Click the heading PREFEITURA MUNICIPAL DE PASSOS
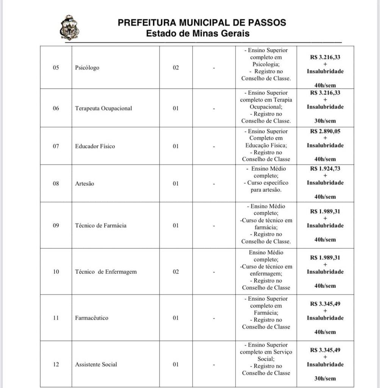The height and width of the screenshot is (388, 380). pyautogui.click(x=202, y=22)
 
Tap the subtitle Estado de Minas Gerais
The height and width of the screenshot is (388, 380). pyautogui.click(x=198, y=33)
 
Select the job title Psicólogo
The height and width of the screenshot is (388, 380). pyautogui.click(x=87, y=68)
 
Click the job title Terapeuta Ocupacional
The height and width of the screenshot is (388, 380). pyautogui.click(x=103, y=108)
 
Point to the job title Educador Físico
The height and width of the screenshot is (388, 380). pyautogui.click(x=95, y=146)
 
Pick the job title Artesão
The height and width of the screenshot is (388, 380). pyautogui.click(x=84, y=184)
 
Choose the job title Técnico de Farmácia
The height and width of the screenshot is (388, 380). pyautogui.click(x=100, y=225)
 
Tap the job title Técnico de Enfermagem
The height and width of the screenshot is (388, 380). pyautogui.click(x=106, y=272)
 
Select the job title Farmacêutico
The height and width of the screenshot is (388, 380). pyautogui.click(x=91, y=318)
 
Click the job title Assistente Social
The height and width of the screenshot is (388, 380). pyautogui.click(x=96, y=365)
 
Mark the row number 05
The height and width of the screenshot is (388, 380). pyautogui.click(x=56, y=68)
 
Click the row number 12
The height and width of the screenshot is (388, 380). pyautogui.click(x=56, y=365)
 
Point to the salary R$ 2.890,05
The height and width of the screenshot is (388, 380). pyautogui.click(x=325, y=131)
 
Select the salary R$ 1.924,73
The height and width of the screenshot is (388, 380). pyautogui.click(x=325, y=169)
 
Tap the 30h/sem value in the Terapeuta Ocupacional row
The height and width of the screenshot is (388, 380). pyautogui.click(x=325, y=121)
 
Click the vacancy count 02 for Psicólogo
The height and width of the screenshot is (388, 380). pyautogui.click(x=176, y=68)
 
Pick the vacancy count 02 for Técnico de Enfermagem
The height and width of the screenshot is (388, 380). pyautogui.click(x=176, y=272)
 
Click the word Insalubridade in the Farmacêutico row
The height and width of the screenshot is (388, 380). pyautogui.click(x=325, y=318)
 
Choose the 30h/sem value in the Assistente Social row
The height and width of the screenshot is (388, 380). pyautogui.click(x=325, y=378)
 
